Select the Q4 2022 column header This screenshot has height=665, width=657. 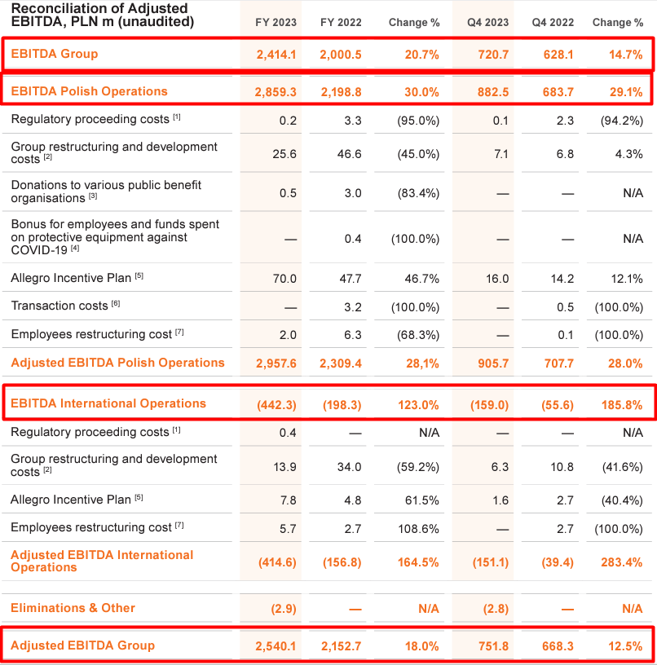pos(552,23)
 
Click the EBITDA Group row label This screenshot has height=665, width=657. pos(55,54)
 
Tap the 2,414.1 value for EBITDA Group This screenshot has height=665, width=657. pos(272,55)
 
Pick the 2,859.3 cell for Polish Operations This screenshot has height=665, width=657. pos(272,92)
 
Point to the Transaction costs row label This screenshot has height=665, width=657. pos(60,306)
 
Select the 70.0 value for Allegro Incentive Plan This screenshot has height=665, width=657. pos(284,279)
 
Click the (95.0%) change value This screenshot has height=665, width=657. pos(418,121)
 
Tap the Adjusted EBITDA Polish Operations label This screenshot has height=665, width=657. pos(117,363)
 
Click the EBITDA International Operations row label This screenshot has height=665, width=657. pos(108,403)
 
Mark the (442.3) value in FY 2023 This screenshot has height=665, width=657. pos(276,404)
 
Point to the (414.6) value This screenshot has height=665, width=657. pos(276,562)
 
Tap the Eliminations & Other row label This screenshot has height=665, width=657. pos(73,608)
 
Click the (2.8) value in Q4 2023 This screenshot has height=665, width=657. pos(495,609)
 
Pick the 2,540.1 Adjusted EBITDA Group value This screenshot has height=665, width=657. pos(272,646)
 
